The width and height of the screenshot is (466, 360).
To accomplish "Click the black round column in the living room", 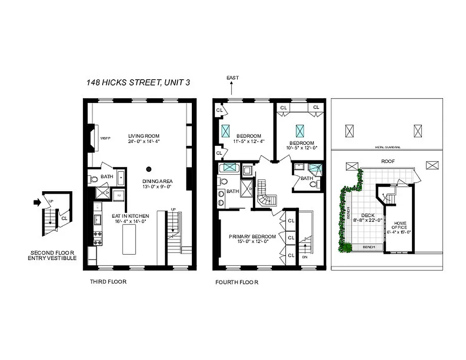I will point(149,169).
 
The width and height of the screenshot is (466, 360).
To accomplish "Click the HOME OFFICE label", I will point(400,225).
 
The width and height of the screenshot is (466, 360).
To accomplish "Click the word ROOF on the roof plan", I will point(388,161).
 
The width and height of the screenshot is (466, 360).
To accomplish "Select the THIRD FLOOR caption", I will point(109,282).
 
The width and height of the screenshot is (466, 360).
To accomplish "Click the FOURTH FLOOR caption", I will point(237,283).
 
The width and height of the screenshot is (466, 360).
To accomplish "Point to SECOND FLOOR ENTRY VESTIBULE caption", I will point(52,255).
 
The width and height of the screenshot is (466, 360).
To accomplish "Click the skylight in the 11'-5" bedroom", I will point(226,131).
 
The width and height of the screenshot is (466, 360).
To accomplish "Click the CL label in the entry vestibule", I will point(64,218).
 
